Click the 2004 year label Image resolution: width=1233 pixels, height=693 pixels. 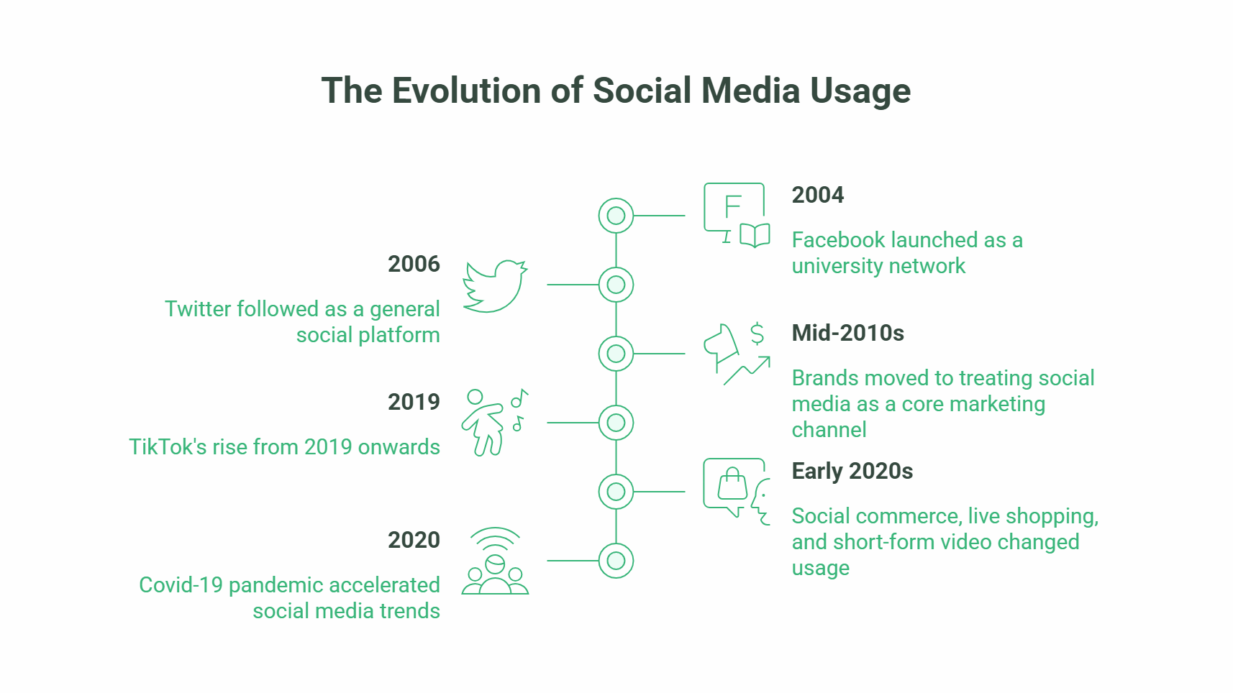point(817,195)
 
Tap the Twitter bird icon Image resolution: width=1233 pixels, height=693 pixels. point(495,286)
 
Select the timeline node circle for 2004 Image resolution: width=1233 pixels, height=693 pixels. point(616,216)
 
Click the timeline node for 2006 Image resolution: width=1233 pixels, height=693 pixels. point(616,285)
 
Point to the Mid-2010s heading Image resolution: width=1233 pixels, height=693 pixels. point(847,333)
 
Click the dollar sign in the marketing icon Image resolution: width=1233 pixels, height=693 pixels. point(757,334)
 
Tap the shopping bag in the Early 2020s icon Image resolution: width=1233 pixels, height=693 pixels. point(732,485)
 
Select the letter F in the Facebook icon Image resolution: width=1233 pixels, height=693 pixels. point(732,207)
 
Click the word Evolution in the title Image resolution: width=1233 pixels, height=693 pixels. point(465,91)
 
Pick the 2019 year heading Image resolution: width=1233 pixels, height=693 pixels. point(414,402)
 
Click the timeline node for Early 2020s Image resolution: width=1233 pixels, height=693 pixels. point(616,492)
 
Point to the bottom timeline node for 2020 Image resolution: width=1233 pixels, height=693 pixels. point(616,561)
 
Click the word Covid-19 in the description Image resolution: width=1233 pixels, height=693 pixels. point(181,585)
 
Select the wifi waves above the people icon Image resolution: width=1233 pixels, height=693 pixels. point(495,538)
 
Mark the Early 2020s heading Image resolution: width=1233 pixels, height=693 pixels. point(852,471)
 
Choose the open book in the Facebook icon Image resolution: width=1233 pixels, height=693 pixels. point(755,235)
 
